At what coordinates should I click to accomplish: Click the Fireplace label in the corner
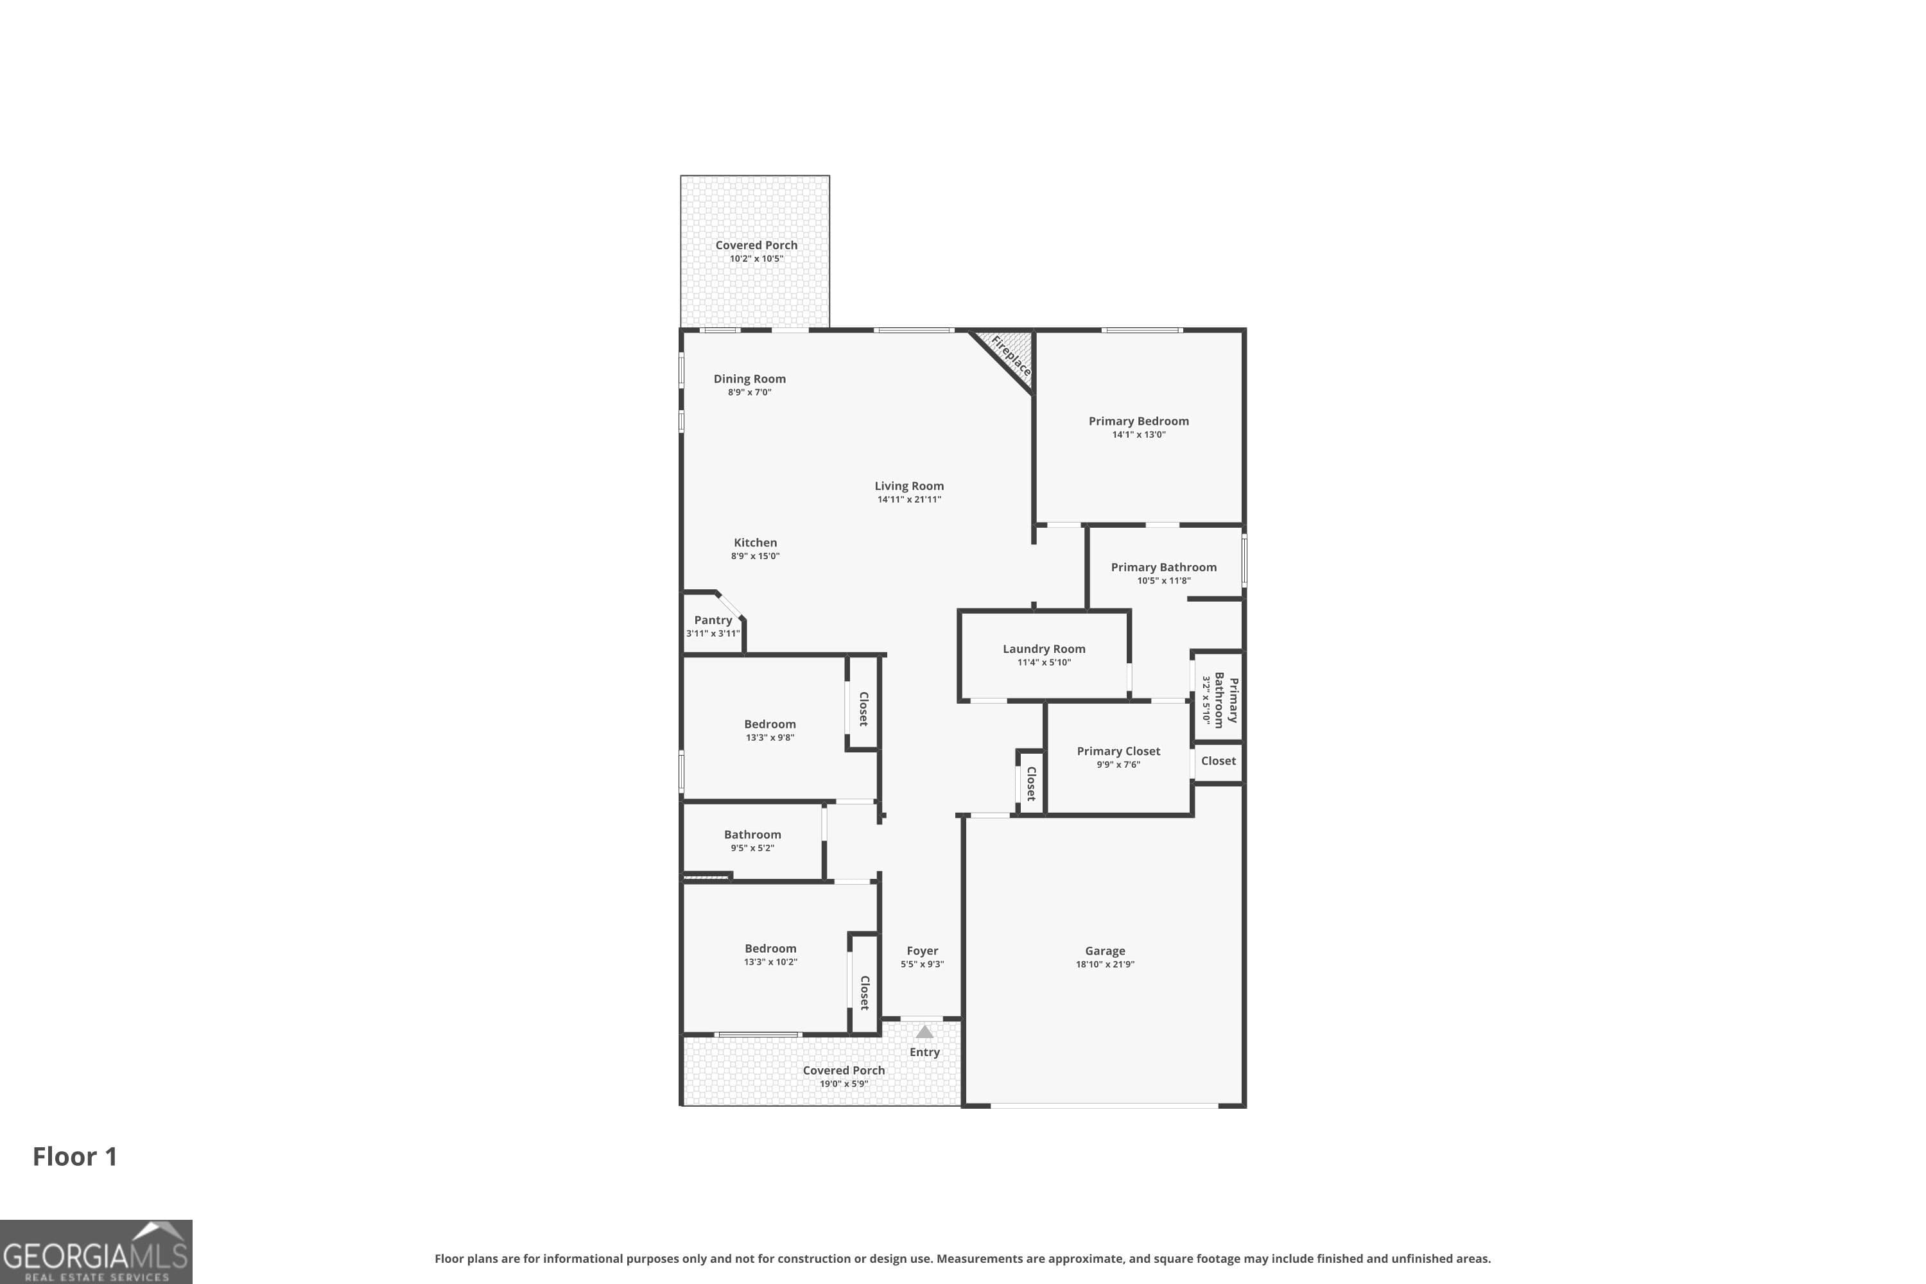coord(1011,356)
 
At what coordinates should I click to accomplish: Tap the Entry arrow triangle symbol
coord(924,1032)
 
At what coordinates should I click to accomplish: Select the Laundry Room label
coord(1044,648)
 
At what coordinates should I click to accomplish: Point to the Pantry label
coord(713,620)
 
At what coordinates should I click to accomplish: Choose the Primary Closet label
coord(1118,751)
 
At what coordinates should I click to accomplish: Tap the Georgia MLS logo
coord(96,1251)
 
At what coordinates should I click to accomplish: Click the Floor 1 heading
coord(74,1156)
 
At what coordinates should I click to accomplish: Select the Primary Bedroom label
coord(1138,421)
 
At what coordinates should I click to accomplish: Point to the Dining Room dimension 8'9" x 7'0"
coord(749,392)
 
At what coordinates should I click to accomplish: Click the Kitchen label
coord(755,542)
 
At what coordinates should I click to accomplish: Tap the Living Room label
coord(909,485)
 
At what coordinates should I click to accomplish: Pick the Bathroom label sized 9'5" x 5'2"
coord(752,835)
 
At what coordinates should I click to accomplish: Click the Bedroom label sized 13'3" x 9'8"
coord(770,724)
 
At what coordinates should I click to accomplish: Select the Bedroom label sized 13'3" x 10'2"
coord(770,948)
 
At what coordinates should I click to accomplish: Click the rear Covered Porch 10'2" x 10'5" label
coord(756,245)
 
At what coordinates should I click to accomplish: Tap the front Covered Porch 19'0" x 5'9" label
coord(844,1070)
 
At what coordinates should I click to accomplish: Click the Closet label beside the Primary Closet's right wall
coord(1219,761)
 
